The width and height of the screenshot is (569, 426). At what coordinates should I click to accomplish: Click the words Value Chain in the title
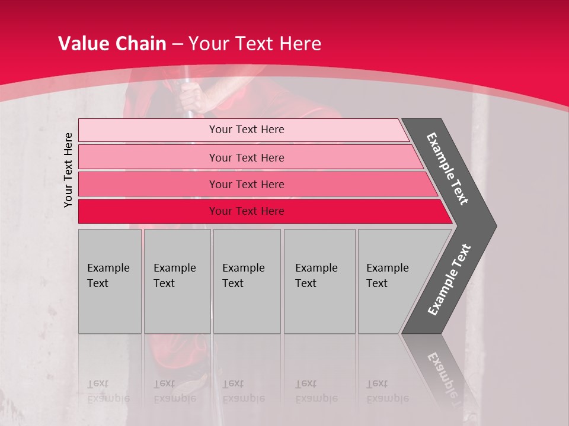coord(112,44)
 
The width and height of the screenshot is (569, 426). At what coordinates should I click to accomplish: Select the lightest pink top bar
coord(148,130)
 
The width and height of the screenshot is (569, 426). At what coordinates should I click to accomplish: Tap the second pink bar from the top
coord(148,157)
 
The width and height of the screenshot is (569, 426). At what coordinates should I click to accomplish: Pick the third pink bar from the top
coord(148,184)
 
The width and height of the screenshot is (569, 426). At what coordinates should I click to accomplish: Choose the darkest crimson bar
coord(148,211)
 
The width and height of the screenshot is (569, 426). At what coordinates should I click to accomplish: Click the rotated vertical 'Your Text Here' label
coord(68,170)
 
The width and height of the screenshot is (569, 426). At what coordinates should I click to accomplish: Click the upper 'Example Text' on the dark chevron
coord(447,169)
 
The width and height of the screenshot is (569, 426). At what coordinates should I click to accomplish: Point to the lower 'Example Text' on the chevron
coord(449,279)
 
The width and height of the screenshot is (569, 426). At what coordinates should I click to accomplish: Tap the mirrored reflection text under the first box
coord(108,391)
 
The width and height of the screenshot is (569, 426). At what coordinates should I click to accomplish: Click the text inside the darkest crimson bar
coord(247,211)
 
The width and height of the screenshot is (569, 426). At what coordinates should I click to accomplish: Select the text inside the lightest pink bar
coord(247,130)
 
